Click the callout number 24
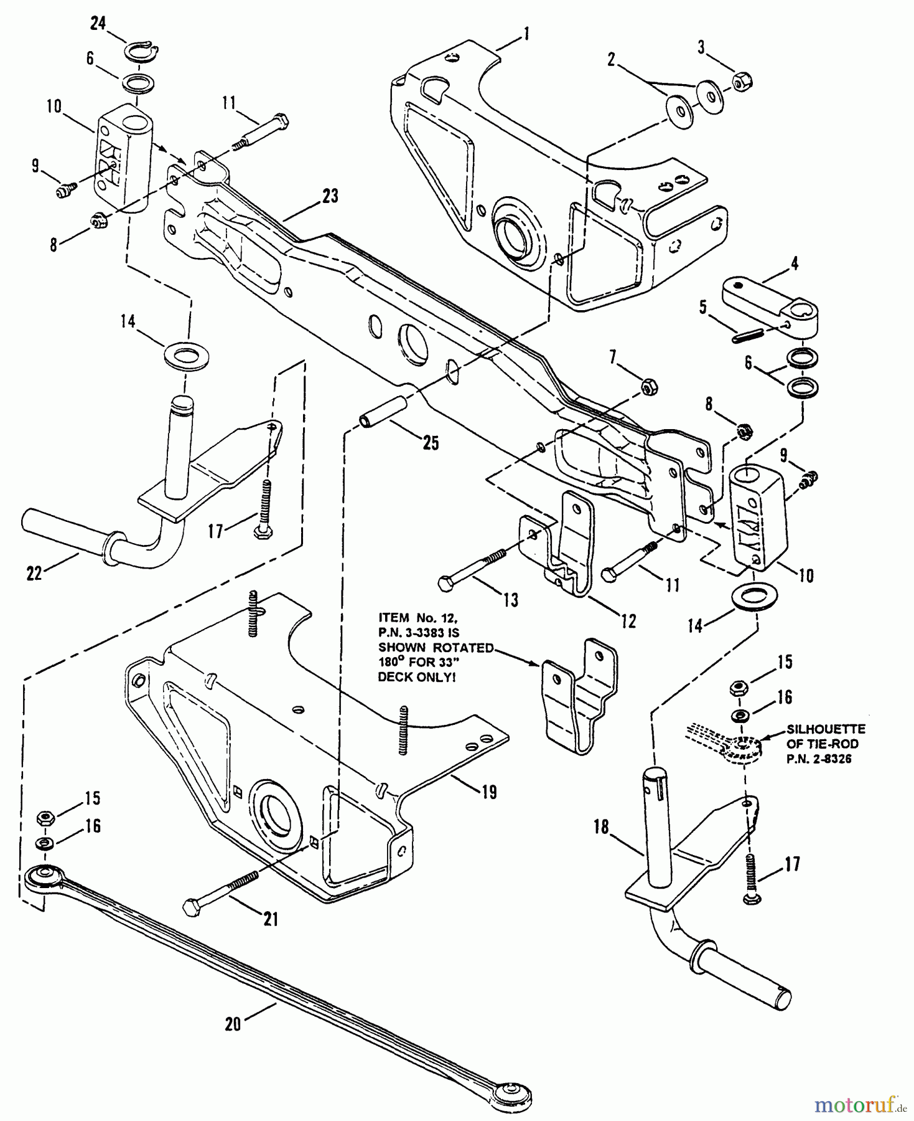pos(98,24)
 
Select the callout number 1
pos(526,34)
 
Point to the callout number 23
pos(330,196)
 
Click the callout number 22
pos(34,572)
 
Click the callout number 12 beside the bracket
pos(628,621)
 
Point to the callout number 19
pos(489,792)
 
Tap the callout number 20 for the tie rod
pos(233,1024)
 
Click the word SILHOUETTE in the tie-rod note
pos(826,729)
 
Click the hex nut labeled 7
pos(646,387)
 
